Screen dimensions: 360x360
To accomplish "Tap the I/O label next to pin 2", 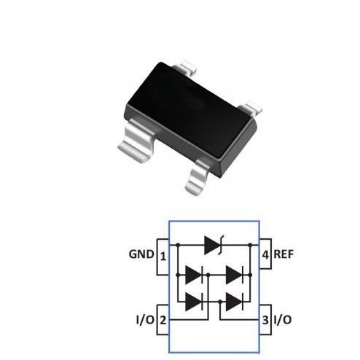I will click(x=144, y=320).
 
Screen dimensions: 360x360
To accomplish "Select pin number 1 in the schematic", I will click(x=163, y=257).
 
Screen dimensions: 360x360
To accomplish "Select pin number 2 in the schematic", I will click(x=163, y=320).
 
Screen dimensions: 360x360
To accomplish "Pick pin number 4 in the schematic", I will click(x=265, y=256).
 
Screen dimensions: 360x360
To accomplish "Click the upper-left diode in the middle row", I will click(x=193, y=275).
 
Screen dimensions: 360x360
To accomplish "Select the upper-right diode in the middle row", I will click(x=234, y=275).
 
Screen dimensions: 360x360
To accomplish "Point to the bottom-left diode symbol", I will click(x=193, y=300).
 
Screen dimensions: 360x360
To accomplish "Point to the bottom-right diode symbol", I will click(x=234, y=300).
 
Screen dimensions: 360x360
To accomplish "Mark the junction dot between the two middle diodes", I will click(x=209, y=275).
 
